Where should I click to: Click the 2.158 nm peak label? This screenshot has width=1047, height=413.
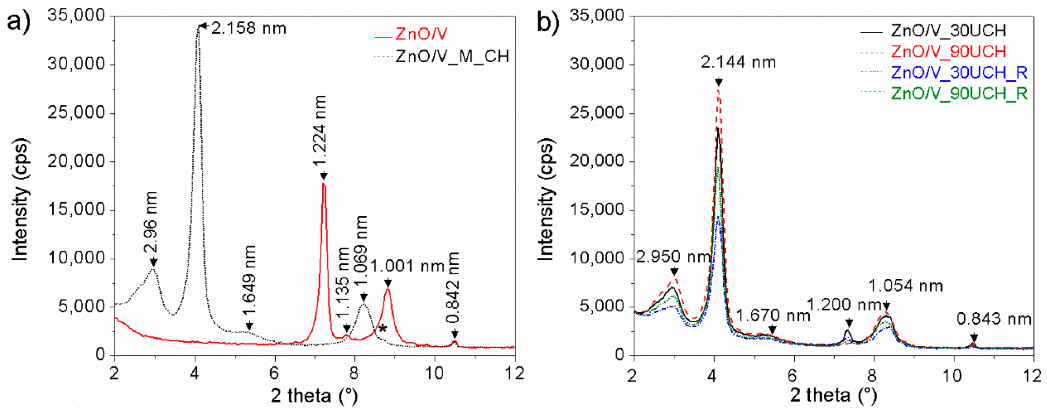point(249,28)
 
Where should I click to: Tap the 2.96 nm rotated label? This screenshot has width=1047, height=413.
point(150,223)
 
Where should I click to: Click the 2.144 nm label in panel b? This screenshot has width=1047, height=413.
point(738,62)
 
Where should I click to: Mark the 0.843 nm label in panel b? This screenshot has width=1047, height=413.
point(994,319)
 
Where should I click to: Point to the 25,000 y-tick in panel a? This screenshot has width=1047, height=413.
point(76,113)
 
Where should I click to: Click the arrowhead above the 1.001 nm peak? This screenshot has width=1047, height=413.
point(388,283)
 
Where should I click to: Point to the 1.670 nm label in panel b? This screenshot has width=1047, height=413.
point(773,316)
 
